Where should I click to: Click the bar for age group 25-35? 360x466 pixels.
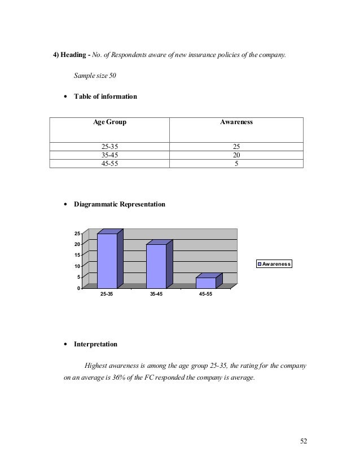coord(107,261)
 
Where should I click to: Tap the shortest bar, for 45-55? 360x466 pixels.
coord(206,283)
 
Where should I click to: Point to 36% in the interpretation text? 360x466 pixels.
coord(140,377)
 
